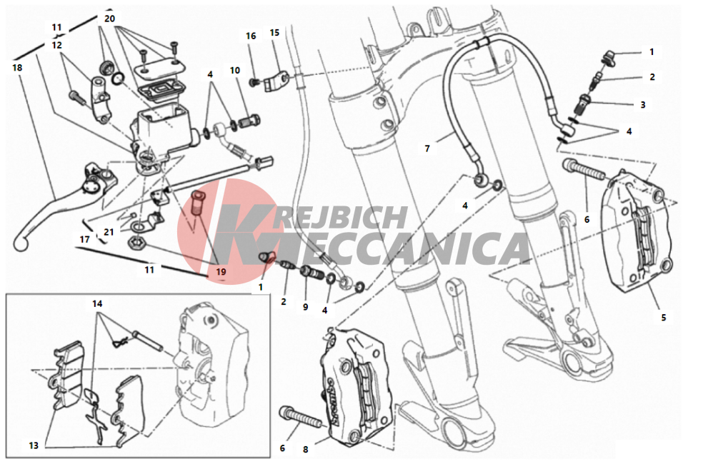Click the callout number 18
pos(17,68)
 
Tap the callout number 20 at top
pos(110,19)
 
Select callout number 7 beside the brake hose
pos(427,148)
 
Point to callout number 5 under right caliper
pos(663,318)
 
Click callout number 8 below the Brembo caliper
pos(306,450)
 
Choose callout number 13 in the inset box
pos(34,445)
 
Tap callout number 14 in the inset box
pos(97,304)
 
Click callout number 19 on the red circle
pos(221,272)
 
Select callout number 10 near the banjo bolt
pos(235,71)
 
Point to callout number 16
pos(251,36)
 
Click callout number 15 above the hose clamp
pos(274,33)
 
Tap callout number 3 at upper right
pos(643,105)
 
